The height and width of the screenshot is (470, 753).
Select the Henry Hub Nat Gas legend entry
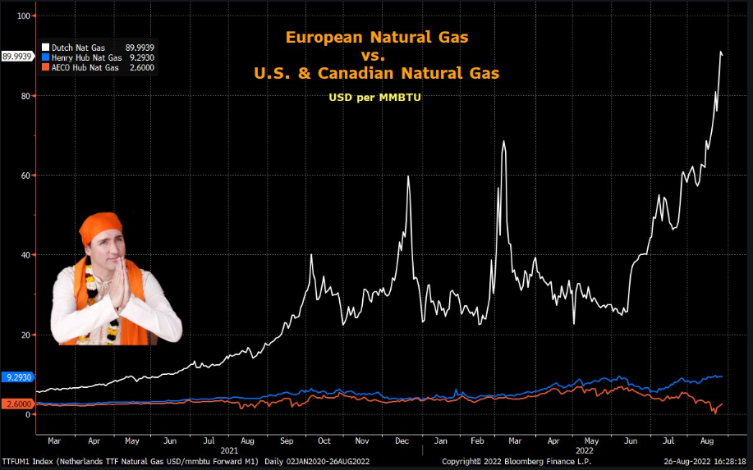click(81, 58)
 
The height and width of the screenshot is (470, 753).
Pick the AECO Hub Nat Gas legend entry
click(81, 67)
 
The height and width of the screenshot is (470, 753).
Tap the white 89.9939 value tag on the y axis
click(16, 57)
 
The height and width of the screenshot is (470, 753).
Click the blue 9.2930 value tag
click(18, 377)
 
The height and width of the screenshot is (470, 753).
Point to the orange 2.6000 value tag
click(18, 404)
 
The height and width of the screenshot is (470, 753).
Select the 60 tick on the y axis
click(25, 176)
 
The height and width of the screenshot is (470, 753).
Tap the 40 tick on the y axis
click(25, 255)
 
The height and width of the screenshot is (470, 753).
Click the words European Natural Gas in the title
click(377, 37)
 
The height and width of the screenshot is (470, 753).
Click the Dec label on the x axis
click(401, 440)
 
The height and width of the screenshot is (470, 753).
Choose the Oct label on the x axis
click(324, 440)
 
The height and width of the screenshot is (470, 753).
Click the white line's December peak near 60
click(408, 176)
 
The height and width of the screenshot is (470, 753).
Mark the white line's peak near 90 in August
click(721, 52)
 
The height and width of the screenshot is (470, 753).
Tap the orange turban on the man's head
click(101, 227)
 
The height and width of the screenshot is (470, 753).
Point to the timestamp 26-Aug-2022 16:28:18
click(707, 463)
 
